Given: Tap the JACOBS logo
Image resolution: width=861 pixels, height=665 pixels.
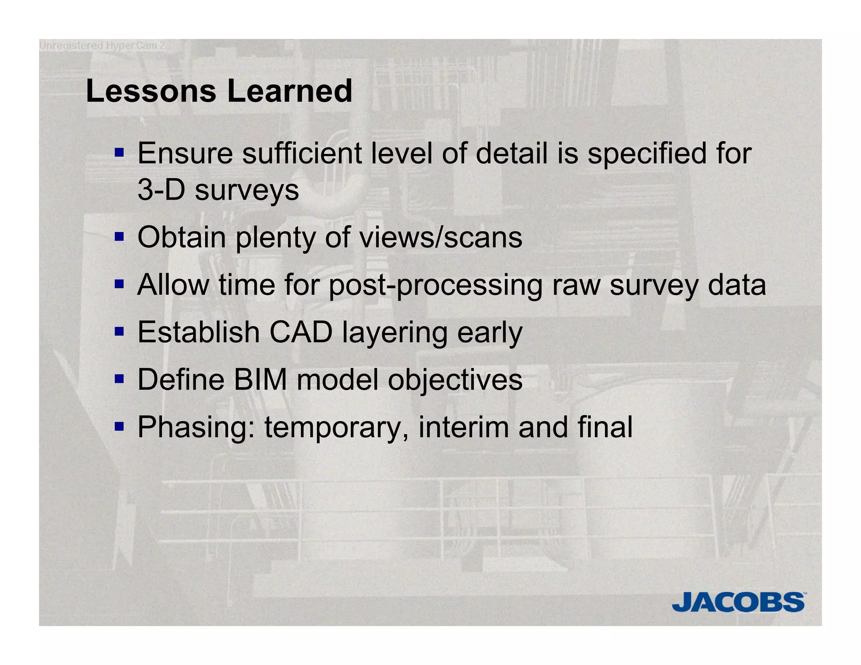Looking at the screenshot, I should (x=738, y=602).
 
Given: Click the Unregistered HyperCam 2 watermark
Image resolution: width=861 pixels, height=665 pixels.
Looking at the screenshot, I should (x=102, y=45).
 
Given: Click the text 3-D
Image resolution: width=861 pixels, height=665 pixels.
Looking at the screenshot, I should (x=161, y=190).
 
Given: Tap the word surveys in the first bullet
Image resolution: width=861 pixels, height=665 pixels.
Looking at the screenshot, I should (x=247, y=191).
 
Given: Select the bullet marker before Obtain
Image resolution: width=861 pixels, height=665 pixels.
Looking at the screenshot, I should (x=119, y=237).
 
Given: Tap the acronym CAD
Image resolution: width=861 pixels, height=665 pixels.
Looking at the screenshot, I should (x=301, y=332).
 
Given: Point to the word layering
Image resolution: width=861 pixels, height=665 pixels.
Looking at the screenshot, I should (x=395, y=333).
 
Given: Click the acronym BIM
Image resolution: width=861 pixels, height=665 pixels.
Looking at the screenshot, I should (x=260, y=380).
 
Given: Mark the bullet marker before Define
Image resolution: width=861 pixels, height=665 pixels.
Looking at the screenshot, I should (x=119, y=379).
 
